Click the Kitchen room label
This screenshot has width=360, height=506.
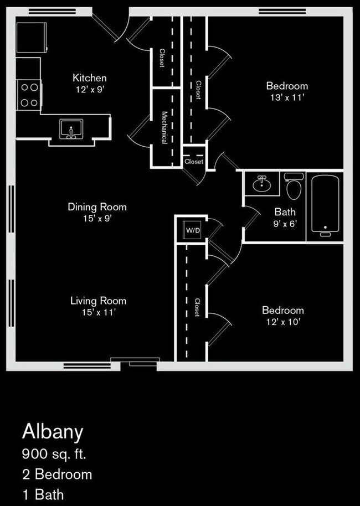tap(90, 78)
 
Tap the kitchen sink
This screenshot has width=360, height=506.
tap(71, 129)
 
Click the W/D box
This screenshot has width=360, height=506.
tap(193, 230)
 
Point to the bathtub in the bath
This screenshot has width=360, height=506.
tap(325, 204)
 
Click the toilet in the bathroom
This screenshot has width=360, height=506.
tap(294, 187)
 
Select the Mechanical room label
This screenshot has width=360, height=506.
tap(164, 127)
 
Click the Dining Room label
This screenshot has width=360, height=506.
tap(97, 207)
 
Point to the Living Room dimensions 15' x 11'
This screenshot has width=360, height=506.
tap(98, 312)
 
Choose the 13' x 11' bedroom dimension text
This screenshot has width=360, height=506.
tap(286, 97)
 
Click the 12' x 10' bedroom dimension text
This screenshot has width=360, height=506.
tap(282, 322)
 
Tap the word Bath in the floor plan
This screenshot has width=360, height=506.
tap(285, 211)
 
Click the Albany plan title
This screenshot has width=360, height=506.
tap(52, 432)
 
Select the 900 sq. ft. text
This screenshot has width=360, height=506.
tap(54, 455)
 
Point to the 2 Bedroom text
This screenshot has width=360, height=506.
tap(57, 474)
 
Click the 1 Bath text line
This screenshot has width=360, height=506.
tap(43, 494)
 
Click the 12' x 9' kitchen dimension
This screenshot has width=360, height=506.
tap(90, 89)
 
